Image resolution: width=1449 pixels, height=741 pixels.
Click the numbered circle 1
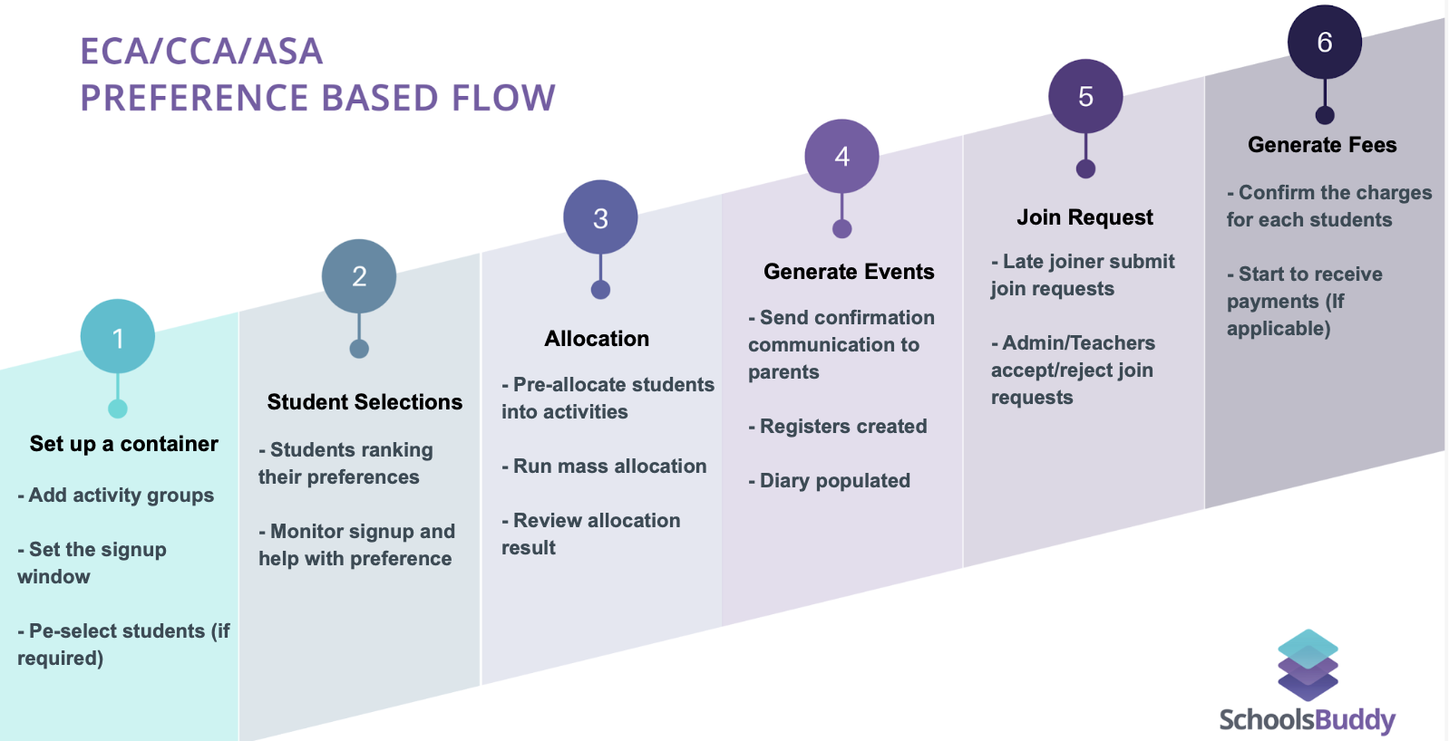click(118, 336)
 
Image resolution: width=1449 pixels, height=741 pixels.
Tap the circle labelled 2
click(359, 276)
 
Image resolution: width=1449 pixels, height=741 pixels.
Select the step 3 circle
click(600, 217)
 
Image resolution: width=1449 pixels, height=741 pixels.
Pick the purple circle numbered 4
click(841, 157)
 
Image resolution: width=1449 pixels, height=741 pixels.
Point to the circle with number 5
click(1085, 96)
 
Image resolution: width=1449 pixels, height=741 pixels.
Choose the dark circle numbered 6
click(1325, 42)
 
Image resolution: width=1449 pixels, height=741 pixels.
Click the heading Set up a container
click(123, 444)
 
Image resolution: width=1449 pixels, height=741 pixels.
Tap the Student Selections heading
click(365, 402)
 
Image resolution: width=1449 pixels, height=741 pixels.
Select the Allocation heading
click(597, 339)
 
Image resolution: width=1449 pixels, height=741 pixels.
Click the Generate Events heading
click(849, 272)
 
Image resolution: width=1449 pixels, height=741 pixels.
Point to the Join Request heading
click(1084, 217)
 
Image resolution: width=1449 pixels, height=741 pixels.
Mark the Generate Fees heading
click(1322, 145)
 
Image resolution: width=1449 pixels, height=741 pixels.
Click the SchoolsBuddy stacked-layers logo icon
click(1308, 665)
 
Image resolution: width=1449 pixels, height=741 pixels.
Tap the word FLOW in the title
click(503, 98)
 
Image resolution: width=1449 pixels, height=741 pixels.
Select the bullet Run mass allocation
click(604, 466)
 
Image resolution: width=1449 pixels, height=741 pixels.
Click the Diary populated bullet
click(830, 481)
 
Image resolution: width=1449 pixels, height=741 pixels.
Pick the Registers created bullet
click(838, 427)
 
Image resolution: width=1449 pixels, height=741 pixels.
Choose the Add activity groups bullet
click(116, 496)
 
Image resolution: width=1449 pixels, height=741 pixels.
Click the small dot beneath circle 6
click(1325, 116)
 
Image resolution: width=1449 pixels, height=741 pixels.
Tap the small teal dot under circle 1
click(118, 409)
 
